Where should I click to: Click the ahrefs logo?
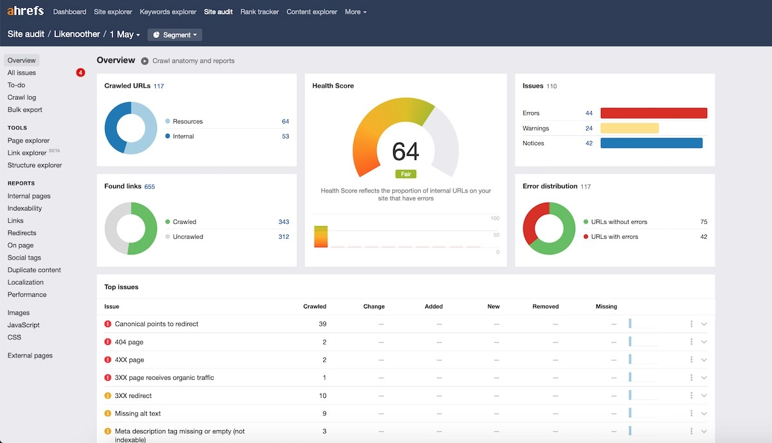click(x=25, y=12)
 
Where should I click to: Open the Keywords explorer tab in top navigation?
click(x=168, y=12)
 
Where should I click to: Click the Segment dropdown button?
click(x=174, y=35)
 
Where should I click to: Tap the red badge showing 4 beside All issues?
click(x=80, y=73)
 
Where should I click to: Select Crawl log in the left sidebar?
click(x=22, y=97)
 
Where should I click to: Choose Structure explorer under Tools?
click(x=35, y=165)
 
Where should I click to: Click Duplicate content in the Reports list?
click(x=34, y=270)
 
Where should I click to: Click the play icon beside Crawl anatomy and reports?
click(x=145, y=61)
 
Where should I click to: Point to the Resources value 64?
click(x=285, y=122)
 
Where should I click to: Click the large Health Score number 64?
click(x=405, y=152)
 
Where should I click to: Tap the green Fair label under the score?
click(x=406, y=174)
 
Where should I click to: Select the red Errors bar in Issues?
click(x=654, y=113)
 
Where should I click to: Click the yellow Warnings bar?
click(x=629, y=128)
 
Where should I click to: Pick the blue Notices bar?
click(x=651, y=143)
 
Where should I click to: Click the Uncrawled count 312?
click(x=283, y=237)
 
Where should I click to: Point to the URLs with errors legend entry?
click(x=614, y=237)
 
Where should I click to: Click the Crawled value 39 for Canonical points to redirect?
click(x=322, y=324)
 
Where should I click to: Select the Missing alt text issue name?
click(x=138, y=413)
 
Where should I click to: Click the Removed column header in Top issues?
click(x=545, y=306)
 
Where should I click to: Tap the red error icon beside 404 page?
click(x=107, y=342)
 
